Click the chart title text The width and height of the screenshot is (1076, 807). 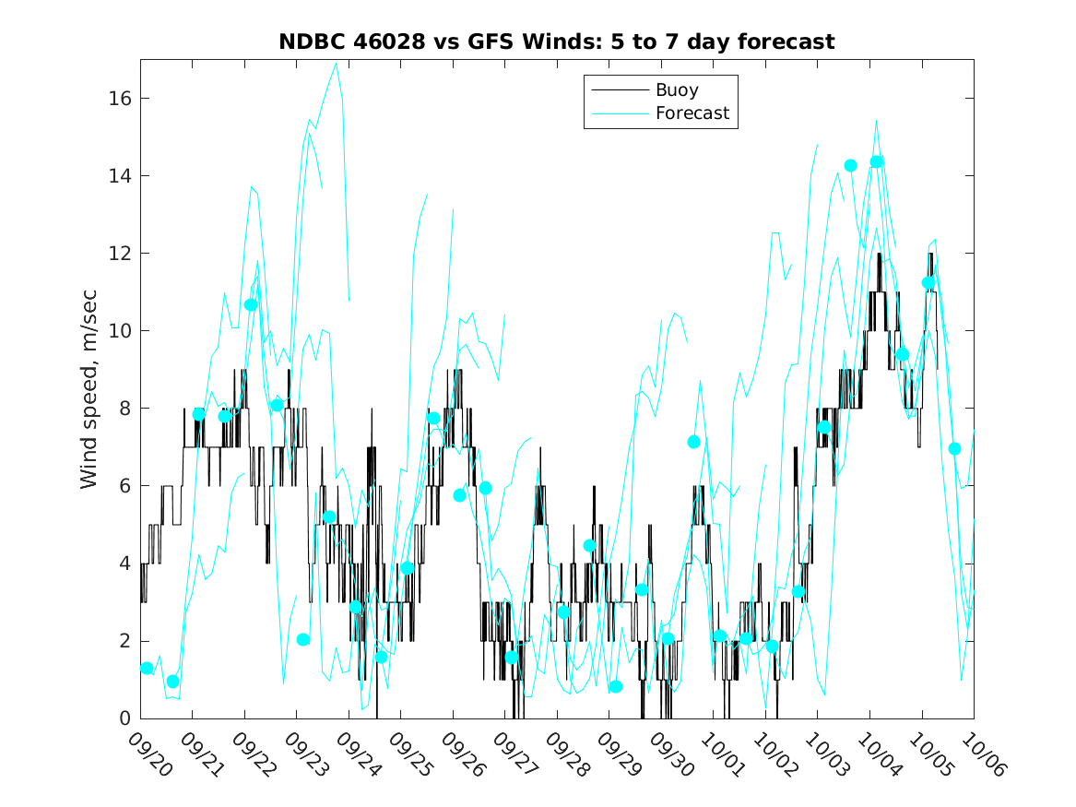click(557, 42)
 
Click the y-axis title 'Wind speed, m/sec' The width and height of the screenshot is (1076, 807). click(89, 388)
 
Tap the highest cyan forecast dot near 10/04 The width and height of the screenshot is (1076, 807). click(877, 161)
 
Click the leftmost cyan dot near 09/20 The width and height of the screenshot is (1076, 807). click(147, 668)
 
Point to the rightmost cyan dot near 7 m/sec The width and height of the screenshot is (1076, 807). click(954, 448)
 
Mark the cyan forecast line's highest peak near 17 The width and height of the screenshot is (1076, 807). click(337, 63)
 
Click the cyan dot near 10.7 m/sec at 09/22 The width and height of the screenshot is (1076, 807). click(251, 304)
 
